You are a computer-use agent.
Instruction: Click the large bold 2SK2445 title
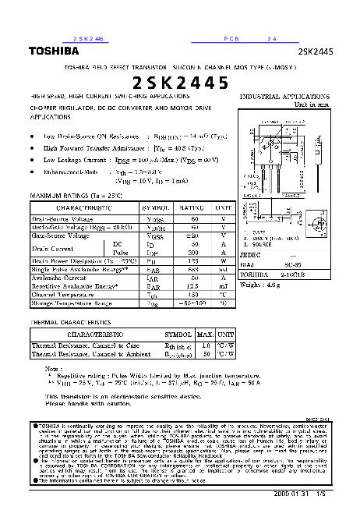(180, 82)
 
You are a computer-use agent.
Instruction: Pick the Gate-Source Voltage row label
(62, 235)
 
